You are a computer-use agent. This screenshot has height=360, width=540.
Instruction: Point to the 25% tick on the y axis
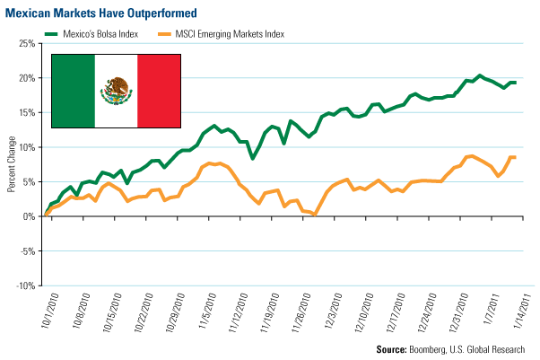point(26,44)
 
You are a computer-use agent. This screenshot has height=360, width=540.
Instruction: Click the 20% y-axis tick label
point(26,78)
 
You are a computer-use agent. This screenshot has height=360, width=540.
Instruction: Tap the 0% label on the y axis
point(29,216)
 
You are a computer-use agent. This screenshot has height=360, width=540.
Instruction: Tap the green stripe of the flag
point(73,90)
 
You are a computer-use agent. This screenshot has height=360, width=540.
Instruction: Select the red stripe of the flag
point(160,90)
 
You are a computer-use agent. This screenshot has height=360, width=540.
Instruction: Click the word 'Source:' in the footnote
point(394,348)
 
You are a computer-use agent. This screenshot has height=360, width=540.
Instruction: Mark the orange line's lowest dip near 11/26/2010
point(315,215)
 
